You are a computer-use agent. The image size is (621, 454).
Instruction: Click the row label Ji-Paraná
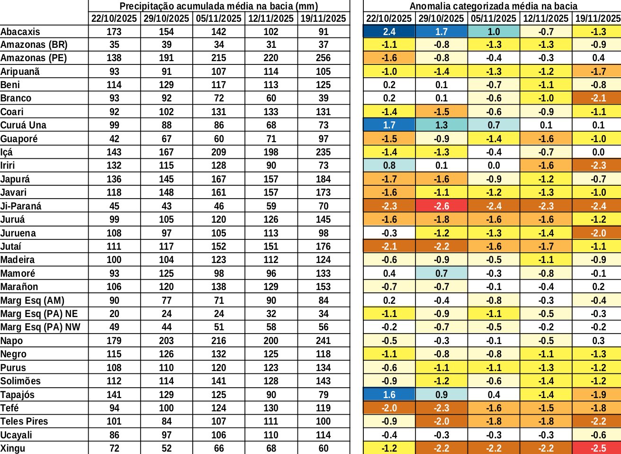tap(21, 206)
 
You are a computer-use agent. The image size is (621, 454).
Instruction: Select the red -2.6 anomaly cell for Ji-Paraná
tap(441, 206)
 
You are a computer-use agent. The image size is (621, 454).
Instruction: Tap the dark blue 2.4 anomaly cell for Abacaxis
tap(389, 32)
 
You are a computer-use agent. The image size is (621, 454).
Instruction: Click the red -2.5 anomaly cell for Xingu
tap(598, 448)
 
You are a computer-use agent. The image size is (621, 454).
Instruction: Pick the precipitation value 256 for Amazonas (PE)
tap(323, 58)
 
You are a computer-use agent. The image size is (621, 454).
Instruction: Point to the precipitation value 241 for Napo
tap(323, 341)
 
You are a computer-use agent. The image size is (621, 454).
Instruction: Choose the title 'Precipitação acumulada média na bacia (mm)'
tap(218, 6)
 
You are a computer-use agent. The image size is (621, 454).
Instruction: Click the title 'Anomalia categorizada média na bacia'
tap(493, 6)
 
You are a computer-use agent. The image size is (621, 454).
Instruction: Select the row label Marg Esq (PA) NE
tap(39, 314)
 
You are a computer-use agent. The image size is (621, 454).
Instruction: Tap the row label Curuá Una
tap(23, 125)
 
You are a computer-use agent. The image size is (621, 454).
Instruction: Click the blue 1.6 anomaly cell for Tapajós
tap(389, 395)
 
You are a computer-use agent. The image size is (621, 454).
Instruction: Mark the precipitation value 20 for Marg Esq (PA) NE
tap(114, 314)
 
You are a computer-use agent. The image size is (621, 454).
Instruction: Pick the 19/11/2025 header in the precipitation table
tap(323, 18)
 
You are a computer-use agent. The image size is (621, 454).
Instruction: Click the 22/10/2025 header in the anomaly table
tap(389, 18)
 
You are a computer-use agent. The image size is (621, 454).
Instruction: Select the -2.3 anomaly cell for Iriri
tap(598, 165)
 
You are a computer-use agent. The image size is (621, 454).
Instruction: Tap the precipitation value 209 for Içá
tap(218, 152)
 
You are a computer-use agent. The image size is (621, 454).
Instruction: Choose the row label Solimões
tap(20, 381)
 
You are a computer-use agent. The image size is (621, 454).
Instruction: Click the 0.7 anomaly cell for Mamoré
tap(441, 273)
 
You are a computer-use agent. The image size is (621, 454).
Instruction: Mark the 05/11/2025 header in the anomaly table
tap(493, 18)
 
